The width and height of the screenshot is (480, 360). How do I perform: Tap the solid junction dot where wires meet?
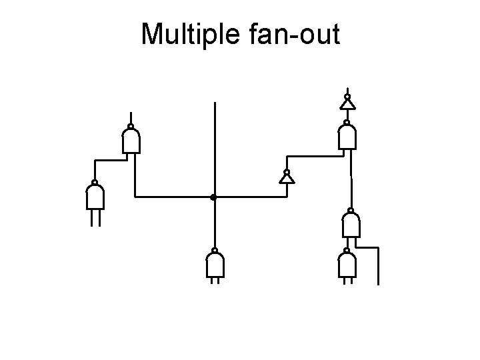(x=213, y=197)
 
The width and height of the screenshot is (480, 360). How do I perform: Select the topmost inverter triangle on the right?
(x=347, y=105)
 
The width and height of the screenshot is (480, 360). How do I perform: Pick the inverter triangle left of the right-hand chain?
(x=286, y=178)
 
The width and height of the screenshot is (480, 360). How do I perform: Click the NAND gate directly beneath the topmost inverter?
(x=347, y=137)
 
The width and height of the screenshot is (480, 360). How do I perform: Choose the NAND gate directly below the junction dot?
(x=215, y=266)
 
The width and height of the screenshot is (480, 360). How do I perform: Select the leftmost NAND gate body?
(x=95, y=197)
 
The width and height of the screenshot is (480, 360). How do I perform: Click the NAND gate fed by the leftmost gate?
(x=131, y=141)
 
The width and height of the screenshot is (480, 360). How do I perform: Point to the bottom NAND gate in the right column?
(x=347, y=266)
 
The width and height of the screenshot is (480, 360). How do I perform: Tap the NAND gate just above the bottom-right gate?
(x=351, y=226)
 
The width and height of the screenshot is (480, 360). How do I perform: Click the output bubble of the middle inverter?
(x=286, y=170)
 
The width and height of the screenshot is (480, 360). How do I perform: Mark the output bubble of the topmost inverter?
(x=347, y=97)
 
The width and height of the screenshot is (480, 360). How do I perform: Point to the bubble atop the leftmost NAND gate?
(x=95, y=182)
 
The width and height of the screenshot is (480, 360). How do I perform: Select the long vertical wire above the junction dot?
(x=214, y=147)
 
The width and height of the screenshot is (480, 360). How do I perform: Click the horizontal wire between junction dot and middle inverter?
(x=250, y=197)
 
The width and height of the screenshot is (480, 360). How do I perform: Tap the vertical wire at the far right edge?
(x=378, y=267)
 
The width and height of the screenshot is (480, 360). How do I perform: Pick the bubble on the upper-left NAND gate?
(x=131, y=126)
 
